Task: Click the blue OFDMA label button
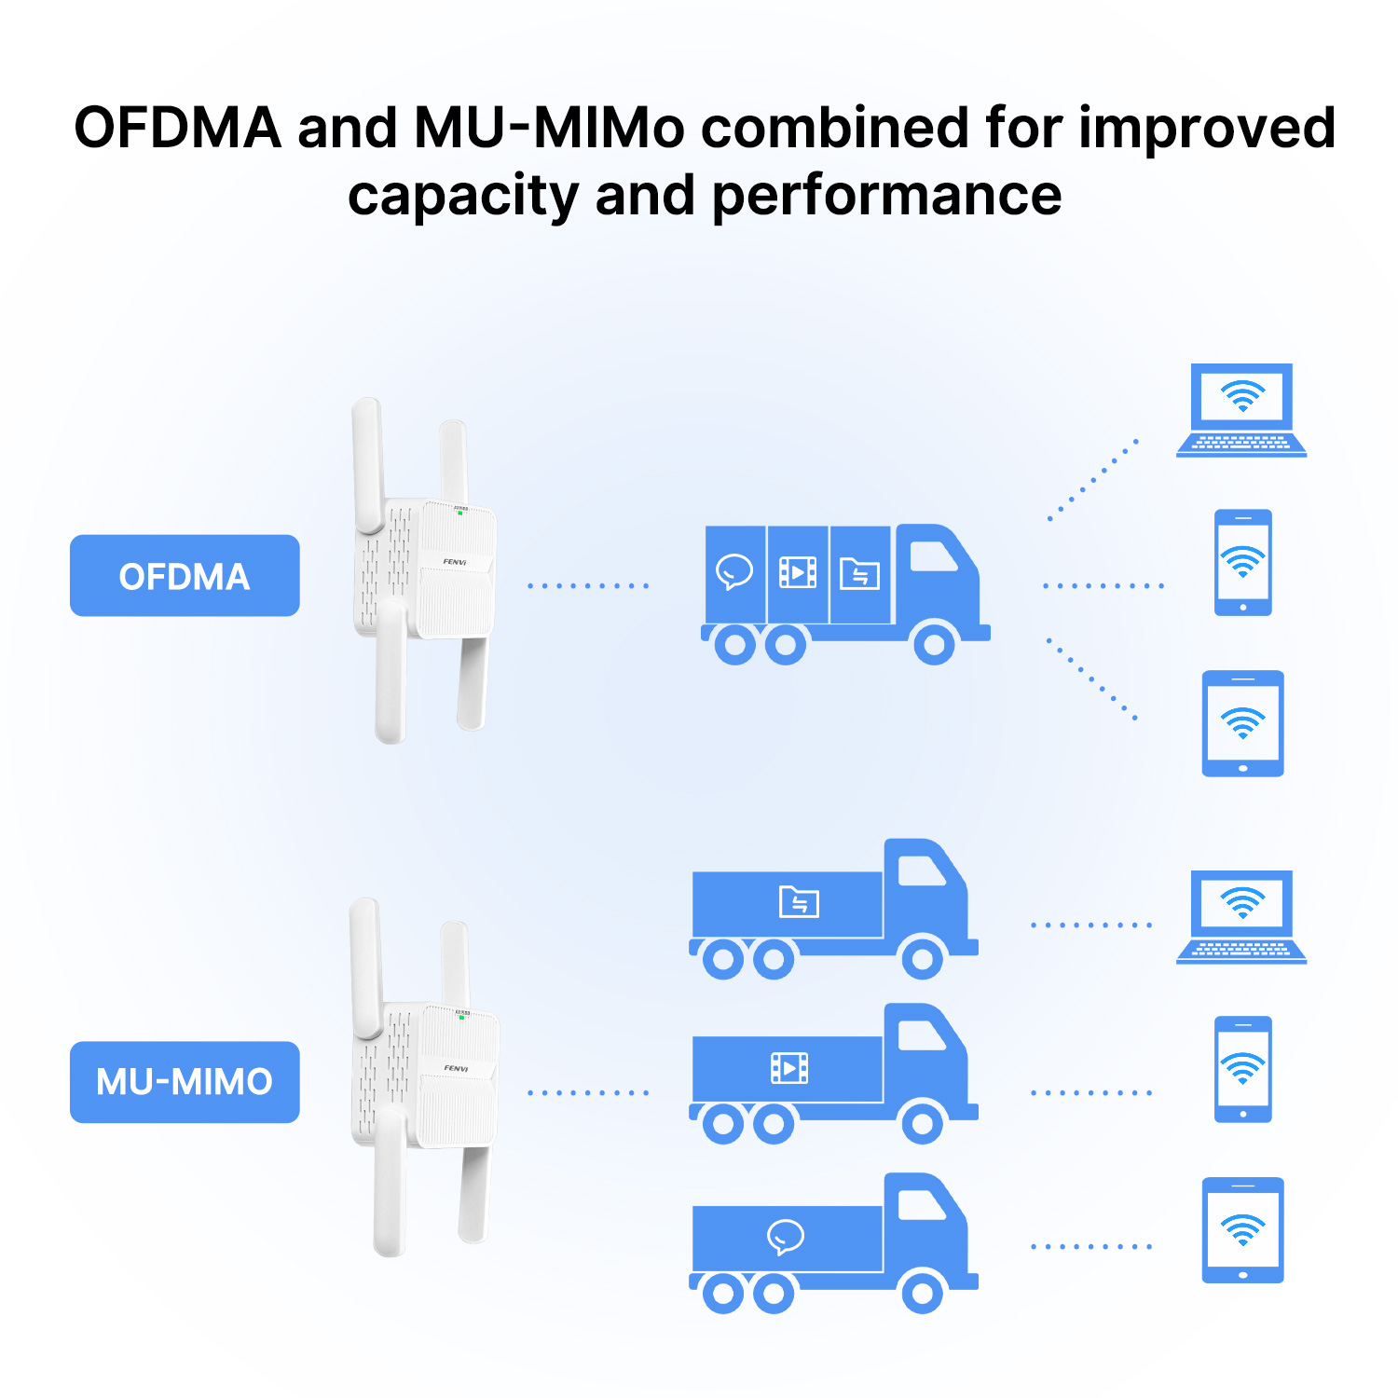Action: [x=185, y=575]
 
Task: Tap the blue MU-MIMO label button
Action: [x=185, y=1082]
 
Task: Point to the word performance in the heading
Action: [x=886, y=197]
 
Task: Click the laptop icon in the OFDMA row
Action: [x=1241, y=410]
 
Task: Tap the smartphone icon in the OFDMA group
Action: [x=1243, y=562]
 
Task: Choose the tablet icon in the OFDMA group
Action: [x=1243, y=723]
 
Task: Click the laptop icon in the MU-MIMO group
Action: [x=1241, y=917]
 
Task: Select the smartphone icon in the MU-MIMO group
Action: [x=1243, y=1069]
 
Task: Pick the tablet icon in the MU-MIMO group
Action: [x=1243, y=1230]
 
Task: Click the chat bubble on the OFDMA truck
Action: [x=734, y=571]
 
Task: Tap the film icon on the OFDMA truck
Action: [x=798, y=572]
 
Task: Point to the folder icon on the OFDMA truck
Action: [x=859, y=573]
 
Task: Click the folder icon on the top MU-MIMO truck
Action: [x=800, y=901]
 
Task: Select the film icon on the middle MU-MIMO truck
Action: [x=789, y=1068]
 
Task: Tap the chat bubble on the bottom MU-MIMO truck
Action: [x=786, y=1237]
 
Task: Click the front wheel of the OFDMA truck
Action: [x=934, y=643]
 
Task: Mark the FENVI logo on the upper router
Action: [x=455, y=562]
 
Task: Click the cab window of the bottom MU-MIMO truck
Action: [x=922, y=1205]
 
